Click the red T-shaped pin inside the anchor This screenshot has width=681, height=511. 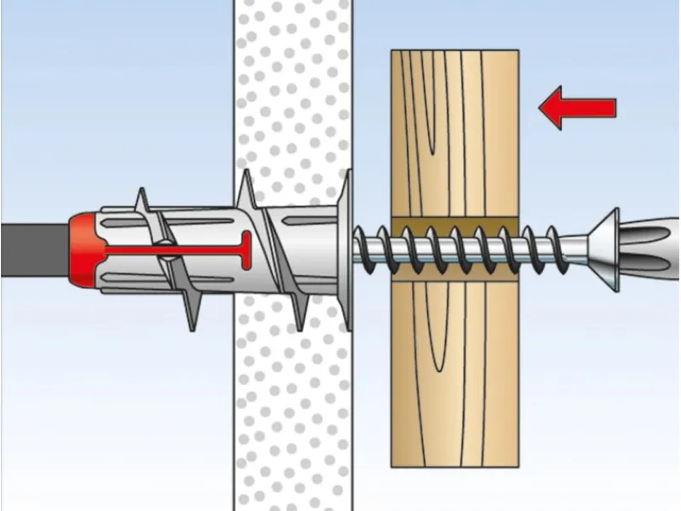(x=196, y=250)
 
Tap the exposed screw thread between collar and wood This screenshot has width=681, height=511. (x=375, y=248)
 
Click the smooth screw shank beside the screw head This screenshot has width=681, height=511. (x=570, y=248)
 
